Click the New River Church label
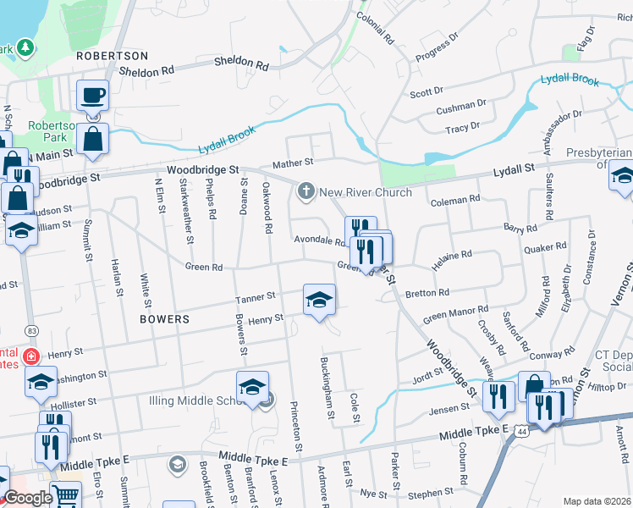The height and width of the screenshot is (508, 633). (365, 192)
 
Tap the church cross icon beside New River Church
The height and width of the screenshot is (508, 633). (305, 192)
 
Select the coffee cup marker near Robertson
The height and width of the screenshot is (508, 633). (92, 96)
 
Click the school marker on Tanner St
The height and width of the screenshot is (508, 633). (319, 300)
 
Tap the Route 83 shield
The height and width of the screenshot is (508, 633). (31, 329)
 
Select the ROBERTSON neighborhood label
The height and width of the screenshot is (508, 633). (112, 56)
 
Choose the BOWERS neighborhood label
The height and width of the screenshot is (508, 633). (165, 320)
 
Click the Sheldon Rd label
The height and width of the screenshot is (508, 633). (241, 63)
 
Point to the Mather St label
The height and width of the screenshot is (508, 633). (292, 163)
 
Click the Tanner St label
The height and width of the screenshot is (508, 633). (256, 297)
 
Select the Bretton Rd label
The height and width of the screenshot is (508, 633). (427, 293)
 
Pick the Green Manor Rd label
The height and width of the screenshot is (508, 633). (456, 313)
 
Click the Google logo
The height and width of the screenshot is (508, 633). (28, 498)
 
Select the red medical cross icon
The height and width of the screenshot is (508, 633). (32, 356)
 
